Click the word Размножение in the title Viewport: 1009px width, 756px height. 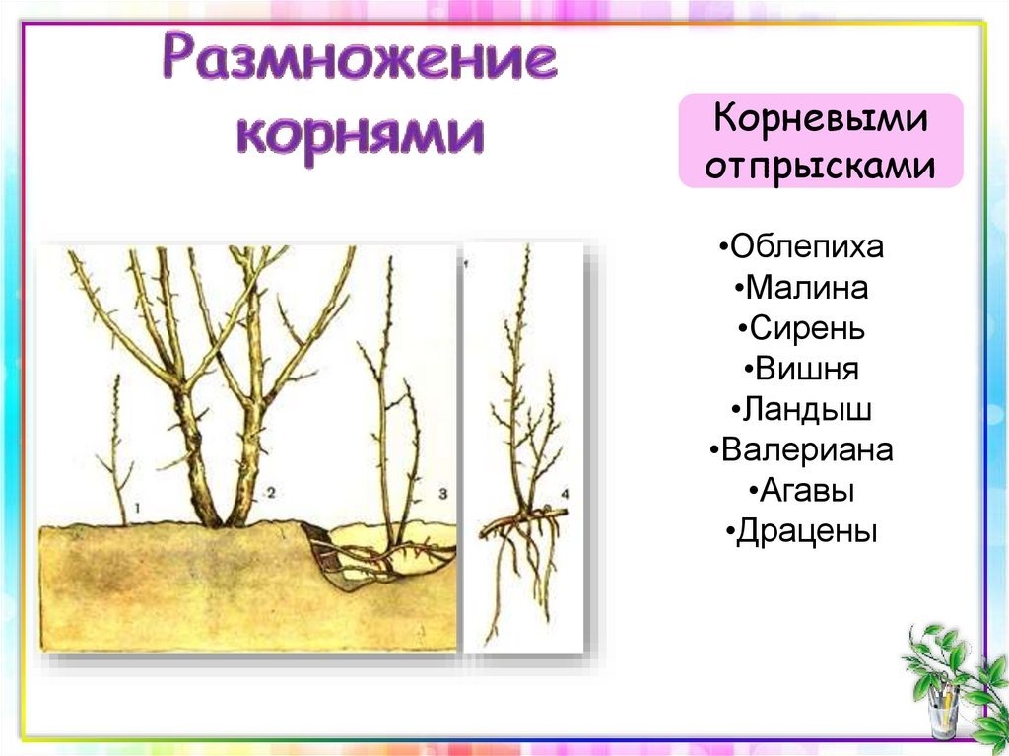point(359,59)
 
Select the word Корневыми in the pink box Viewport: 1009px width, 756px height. point(821,118)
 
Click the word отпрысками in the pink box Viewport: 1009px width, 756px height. point(821,165)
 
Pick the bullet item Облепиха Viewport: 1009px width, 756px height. point(802,246)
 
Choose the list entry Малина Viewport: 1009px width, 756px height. point(801,287)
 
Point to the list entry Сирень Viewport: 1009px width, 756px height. point(802,328)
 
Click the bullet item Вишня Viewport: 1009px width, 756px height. point(802,369)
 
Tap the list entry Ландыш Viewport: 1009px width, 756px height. point(802,410)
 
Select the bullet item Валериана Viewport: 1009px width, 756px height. point(802,449)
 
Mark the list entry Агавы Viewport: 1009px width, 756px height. point(802,491)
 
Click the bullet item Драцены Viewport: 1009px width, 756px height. point(802,531)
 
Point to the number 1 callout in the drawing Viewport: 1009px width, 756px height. point(137,508)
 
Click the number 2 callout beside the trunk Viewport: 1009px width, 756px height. point(271,493)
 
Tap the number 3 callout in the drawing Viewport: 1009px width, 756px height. point(442,493)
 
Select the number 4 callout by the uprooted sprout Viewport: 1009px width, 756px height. point(565,494)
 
